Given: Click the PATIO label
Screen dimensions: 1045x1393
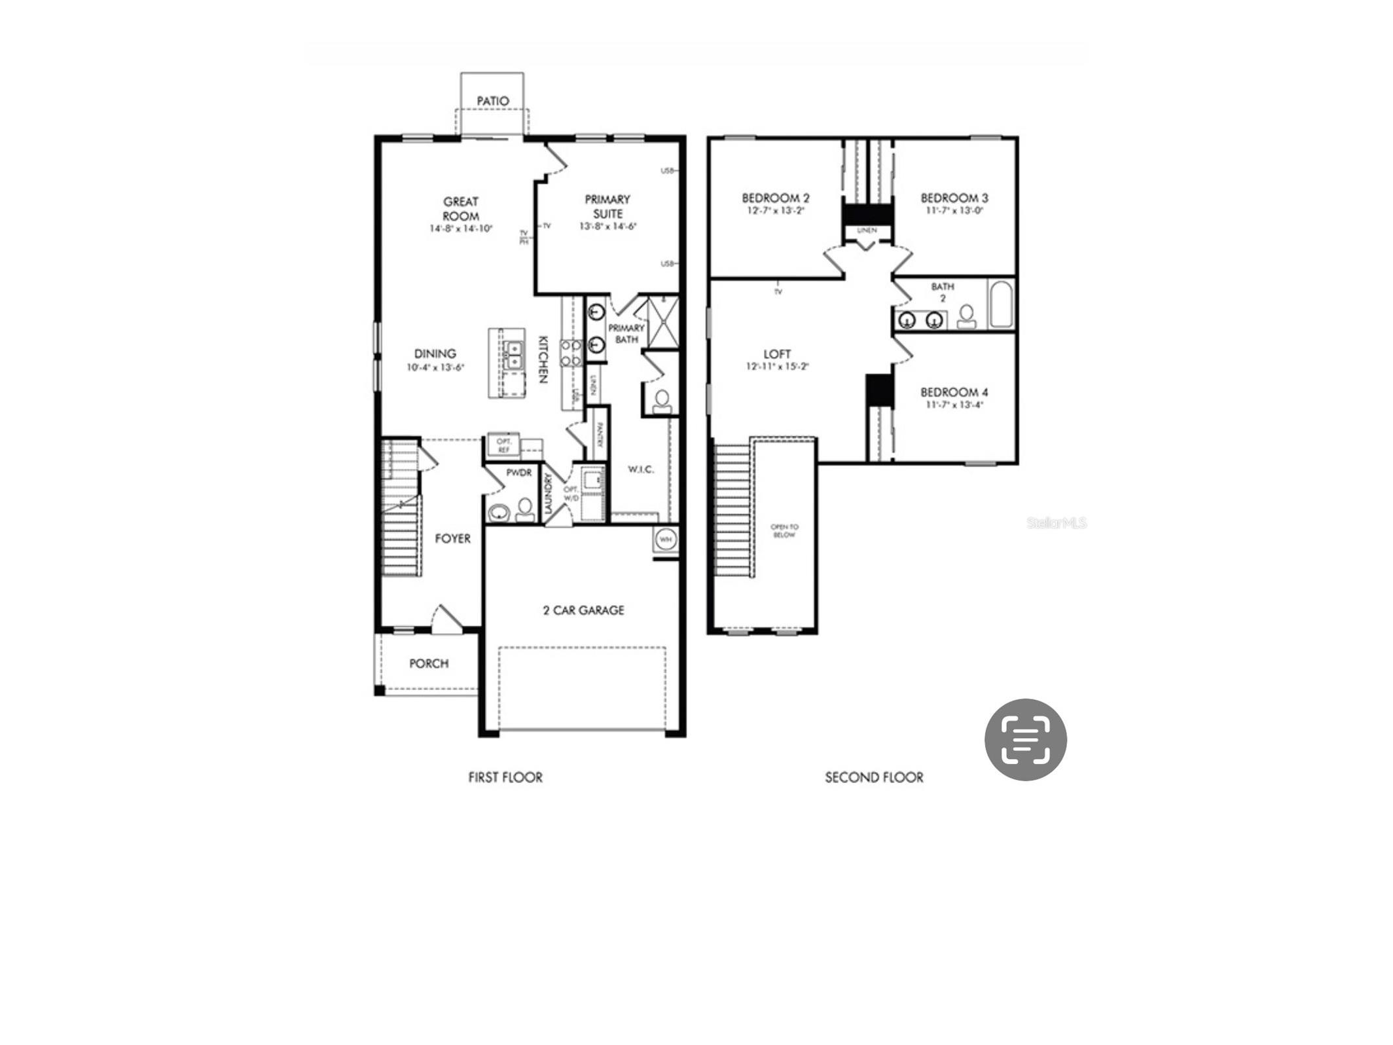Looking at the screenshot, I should [492, 101].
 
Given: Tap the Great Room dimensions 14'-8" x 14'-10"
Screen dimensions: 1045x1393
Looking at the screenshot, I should [461, 229].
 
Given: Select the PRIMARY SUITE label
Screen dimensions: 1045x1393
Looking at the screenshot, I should [607, 206].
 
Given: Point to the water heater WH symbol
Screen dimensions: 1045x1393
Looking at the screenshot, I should [666, 540].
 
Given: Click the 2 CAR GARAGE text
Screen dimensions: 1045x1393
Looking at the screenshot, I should [583, 610].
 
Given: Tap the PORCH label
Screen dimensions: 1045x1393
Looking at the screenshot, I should [429, 663].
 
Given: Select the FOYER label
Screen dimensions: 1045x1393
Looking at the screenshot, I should [452, 538].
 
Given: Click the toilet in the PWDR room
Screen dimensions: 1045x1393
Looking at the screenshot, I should [525, 508].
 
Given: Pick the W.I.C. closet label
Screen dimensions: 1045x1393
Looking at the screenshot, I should [640, 469].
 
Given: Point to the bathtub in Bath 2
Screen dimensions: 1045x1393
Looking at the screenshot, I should [1001, 304].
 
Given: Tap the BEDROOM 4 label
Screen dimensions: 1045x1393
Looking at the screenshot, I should [954, 392].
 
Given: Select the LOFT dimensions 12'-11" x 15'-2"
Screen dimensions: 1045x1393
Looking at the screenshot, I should [777, 367].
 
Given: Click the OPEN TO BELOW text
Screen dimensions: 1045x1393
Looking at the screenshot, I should [784, 530].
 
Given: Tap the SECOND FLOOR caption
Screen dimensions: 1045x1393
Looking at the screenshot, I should [874, 777].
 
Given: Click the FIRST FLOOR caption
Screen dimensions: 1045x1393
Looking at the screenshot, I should [505, 777].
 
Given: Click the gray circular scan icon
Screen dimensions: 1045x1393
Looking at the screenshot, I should [1025, 739].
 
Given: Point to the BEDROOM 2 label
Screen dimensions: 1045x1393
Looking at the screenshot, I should [775, 198].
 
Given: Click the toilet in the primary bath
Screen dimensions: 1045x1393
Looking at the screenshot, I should [662, 401].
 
